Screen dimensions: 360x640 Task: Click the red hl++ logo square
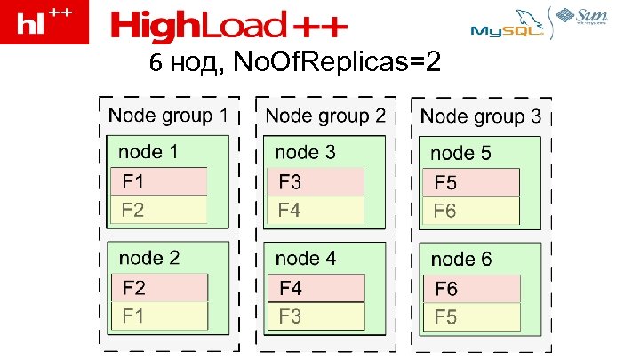tap(44, 22)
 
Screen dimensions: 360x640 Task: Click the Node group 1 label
tap(168, 116)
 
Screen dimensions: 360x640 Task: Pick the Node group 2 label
tap(325, 116)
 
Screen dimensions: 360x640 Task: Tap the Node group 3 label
tap(481, 116)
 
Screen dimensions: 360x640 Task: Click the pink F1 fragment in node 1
tap(159, 181)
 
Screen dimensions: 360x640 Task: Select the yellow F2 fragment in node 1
tap(159, 210)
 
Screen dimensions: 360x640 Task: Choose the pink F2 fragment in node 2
tap(159, 287)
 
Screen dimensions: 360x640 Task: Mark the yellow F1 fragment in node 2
tap(159, 315)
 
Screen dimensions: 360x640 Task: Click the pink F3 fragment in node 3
tap(316, 182)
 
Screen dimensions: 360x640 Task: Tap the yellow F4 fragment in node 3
tap(316, 211)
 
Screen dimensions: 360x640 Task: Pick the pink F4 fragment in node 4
tap(316, 288)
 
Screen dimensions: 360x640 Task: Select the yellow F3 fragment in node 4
tap(316, 316)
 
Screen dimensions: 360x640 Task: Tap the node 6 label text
tap(460, 260)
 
